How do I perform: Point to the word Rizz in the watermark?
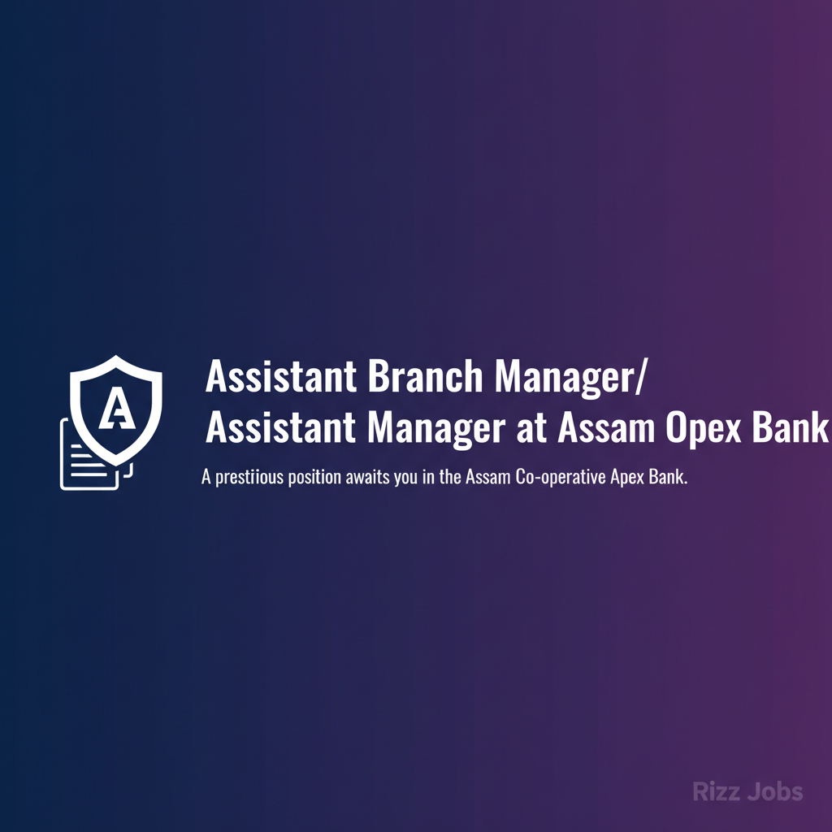point(716,791)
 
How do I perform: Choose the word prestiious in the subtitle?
point(249,478)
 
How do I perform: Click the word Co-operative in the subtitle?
point(560,478)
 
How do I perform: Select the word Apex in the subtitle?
point(630,478)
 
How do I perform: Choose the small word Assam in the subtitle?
point(489,478)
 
